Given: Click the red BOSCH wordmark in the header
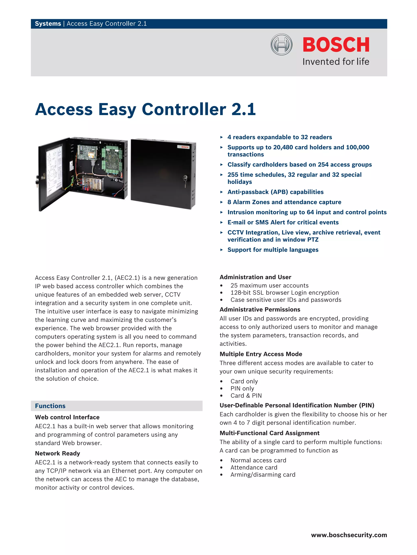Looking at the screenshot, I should point(336,45).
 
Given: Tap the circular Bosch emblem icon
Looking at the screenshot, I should point(281,44).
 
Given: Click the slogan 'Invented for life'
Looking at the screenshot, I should point(336,62).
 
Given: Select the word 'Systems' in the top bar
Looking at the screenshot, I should point(48,24).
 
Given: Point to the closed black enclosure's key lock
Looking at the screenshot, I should point(185,178).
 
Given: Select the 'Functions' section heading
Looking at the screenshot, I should point(50,406).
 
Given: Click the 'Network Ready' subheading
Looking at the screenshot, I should point(57,453).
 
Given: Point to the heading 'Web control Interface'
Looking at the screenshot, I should point(67,417).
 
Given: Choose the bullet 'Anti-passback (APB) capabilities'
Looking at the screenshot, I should point(275,192).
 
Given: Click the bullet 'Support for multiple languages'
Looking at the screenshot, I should point(273,250).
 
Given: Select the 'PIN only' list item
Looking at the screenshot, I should point(242,388).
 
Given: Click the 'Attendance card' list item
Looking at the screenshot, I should point(254,467).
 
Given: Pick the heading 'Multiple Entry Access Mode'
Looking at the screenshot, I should point(261,354).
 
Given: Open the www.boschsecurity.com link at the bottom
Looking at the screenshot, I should point(349,535).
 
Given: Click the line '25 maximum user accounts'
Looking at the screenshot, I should point(269,286).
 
